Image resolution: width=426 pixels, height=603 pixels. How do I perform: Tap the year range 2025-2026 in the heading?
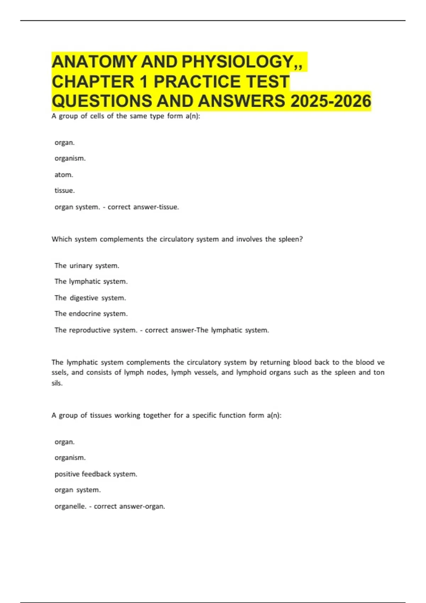point(331,101)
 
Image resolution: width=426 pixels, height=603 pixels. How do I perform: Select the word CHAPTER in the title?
point(93,82)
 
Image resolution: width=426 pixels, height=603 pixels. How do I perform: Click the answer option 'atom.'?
point(64,175)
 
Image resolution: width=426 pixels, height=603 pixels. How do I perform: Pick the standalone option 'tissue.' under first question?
point(65,190)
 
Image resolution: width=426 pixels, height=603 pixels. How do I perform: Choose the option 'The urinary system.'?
point(87,266)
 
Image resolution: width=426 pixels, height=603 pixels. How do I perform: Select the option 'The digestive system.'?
point(90,298)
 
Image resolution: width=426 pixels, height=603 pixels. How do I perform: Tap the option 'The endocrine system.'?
point(91,314)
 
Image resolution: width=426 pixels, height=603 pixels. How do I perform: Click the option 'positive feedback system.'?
point(96,474)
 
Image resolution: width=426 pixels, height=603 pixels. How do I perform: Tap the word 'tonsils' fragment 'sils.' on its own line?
point(57,383)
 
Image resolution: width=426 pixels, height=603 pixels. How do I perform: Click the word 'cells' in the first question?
point(97,116)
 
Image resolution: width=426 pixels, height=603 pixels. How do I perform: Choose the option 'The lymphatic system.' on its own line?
point(91,282)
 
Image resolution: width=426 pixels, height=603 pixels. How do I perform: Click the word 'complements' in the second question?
point(121,239)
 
